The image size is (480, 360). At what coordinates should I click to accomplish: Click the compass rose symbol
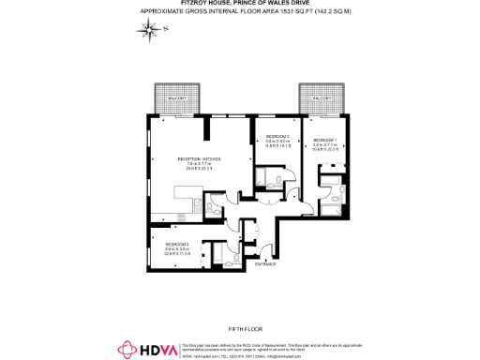coord(149,32)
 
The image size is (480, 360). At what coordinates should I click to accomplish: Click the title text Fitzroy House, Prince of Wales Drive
coord(239,4)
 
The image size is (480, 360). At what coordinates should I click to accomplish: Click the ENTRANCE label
coord(265,263)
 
